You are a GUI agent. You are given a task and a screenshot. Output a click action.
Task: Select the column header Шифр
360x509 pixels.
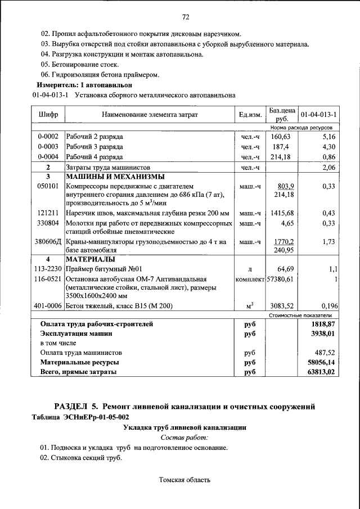48,115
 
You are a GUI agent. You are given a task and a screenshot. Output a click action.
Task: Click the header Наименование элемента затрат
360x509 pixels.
150,115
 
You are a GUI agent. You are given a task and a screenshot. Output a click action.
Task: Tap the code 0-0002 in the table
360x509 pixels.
48,137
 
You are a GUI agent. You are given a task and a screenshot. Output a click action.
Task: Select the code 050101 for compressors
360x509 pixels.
48,186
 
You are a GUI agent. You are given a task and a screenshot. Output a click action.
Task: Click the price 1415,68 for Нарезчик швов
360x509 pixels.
282,213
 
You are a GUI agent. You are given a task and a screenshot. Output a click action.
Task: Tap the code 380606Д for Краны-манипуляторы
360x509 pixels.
49,241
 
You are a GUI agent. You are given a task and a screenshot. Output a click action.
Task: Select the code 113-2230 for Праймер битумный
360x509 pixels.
48,269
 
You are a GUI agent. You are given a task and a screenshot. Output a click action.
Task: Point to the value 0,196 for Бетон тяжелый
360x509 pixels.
327,306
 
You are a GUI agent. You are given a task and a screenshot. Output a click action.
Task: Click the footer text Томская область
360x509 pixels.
185,480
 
